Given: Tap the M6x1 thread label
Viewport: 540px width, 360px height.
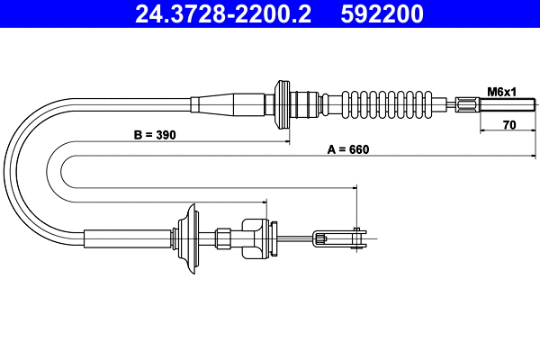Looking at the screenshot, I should (x=501, y=92).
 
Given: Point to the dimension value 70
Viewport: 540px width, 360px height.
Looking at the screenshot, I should (x=508, y=126).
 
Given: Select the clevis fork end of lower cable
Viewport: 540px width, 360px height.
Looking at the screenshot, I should (x=343, y=238).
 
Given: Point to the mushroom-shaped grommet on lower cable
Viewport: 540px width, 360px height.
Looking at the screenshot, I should (x=189, y=238).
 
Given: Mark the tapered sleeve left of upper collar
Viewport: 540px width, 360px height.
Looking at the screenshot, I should (x=234, y=103).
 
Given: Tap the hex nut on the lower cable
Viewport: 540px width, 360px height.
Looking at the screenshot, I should (x=222, y=238).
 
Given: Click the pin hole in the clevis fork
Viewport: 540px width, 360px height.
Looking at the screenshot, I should (x=358, y=238).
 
